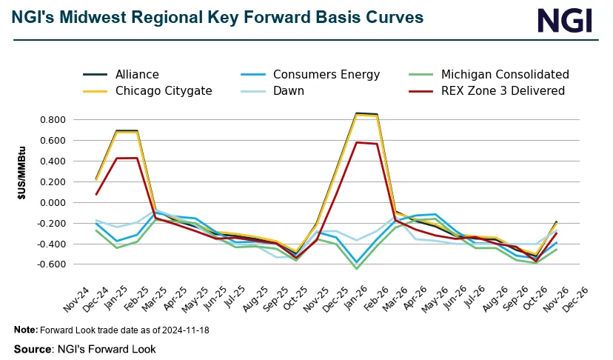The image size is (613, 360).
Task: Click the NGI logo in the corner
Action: click(565, 20)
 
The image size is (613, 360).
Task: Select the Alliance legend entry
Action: click(137, 74)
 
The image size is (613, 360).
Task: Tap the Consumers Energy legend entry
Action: click(326, 74)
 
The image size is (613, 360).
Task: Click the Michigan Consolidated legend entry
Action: click(504, 74)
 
